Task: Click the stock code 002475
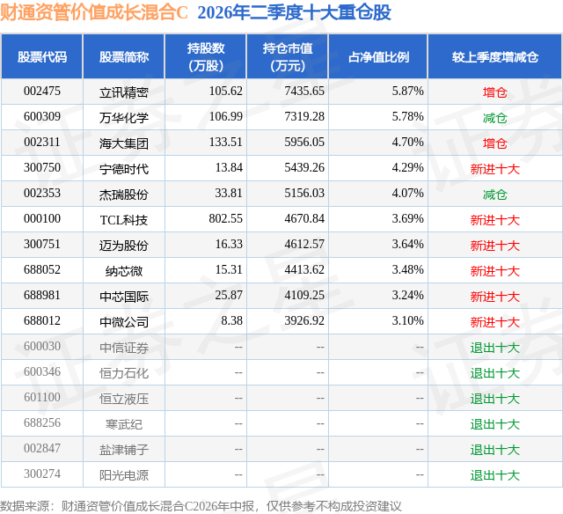(42, 92)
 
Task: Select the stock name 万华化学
(124, 118)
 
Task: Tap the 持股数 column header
(206, 56)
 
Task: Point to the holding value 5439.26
(304, 168)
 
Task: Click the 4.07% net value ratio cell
(407, 194)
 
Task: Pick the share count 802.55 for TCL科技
(225, 219)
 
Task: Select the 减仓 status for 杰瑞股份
(494, 195)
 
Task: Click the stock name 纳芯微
(124, 271)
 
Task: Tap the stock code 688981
(42, 295)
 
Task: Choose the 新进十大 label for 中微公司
(494, 322)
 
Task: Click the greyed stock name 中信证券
(124, 348)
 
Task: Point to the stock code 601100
(42, 397)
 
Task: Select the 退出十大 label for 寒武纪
(494, 424)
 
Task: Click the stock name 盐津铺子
(124, 450)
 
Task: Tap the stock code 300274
(42, 474)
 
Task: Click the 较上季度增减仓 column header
(494, 56)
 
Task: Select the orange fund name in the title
(94, 13)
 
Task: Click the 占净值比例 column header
(378, 56)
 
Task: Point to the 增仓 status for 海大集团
(494, 143)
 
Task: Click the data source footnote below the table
(201, 506)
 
